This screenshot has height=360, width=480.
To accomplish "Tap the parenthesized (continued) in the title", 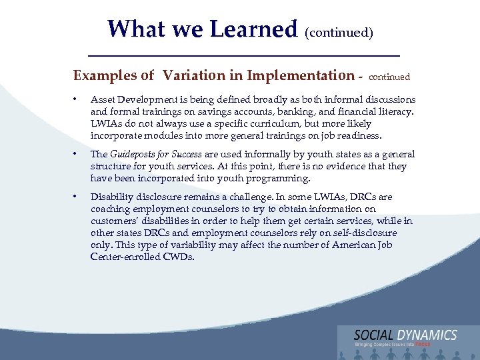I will tap(339, 31).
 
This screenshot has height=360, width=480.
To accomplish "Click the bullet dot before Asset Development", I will tap(77, 99).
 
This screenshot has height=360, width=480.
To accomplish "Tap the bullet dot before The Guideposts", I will tap(77, 154).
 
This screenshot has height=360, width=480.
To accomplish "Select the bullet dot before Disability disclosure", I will tap(77, 197).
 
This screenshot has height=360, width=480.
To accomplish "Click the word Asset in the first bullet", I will tap(103, 99).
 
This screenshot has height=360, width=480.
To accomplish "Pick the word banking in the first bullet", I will tap(307, 111).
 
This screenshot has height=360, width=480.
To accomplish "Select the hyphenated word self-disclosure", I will tap(363, 233).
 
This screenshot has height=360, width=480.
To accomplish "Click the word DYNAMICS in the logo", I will tap(428, 335).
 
